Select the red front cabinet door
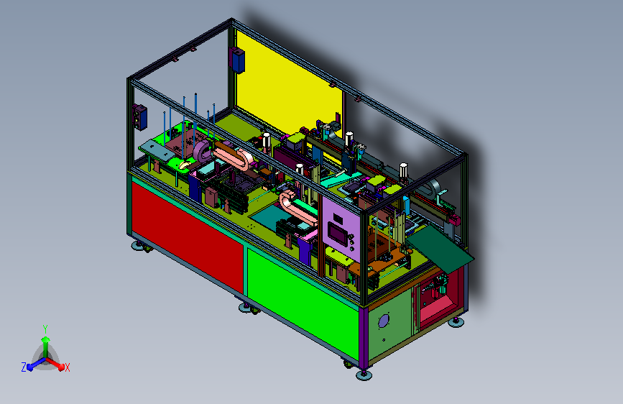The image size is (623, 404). (188, 238)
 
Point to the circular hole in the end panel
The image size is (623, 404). (384, 321)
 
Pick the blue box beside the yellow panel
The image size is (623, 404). (238, 60)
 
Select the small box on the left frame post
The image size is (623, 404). (140, 117)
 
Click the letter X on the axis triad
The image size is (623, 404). (67, 367)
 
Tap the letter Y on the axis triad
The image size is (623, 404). (45, 329)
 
